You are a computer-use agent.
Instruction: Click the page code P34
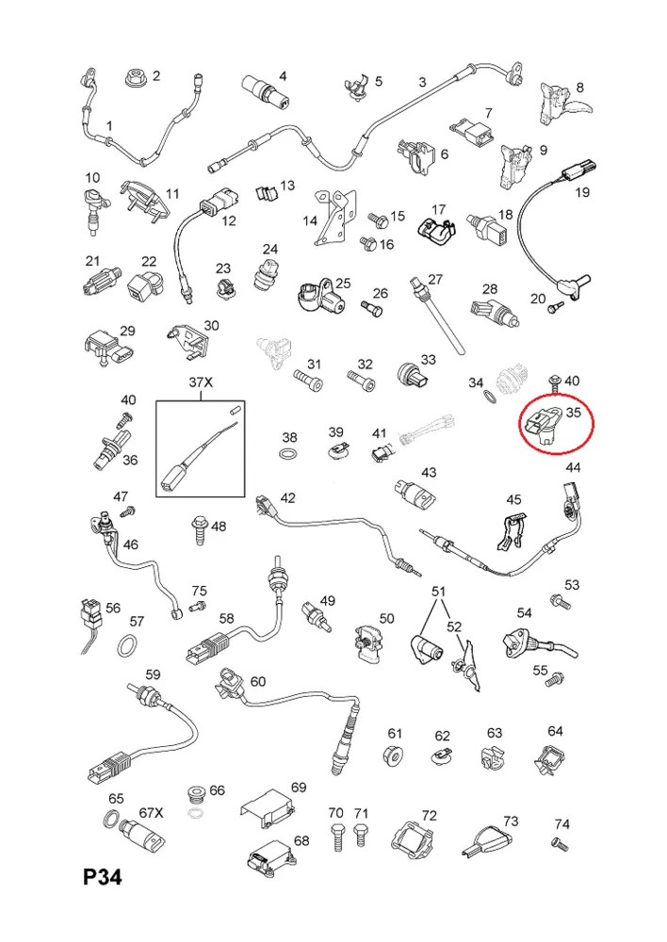pos(102,876)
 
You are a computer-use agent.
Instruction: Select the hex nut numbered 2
pos(137,78)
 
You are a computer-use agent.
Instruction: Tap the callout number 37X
pos(201,382)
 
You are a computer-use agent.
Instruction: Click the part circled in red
pos(544,422)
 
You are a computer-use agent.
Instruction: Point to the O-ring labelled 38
pos(289,452)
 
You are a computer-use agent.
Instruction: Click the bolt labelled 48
pos(200,529)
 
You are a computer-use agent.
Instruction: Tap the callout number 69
pos(299,787)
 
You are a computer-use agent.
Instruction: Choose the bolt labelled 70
pos(336,837)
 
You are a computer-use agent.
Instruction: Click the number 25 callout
pos(343,283)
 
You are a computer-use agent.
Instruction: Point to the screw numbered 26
pos(371,309)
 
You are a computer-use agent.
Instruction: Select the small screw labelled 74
pos(560,843)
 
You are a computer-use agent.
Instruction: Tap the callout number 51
pos(439,592)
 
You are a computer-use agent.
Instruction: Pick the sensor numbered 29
pos(108,349)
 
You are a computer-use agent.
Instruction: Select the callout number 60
pos(258,681)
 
